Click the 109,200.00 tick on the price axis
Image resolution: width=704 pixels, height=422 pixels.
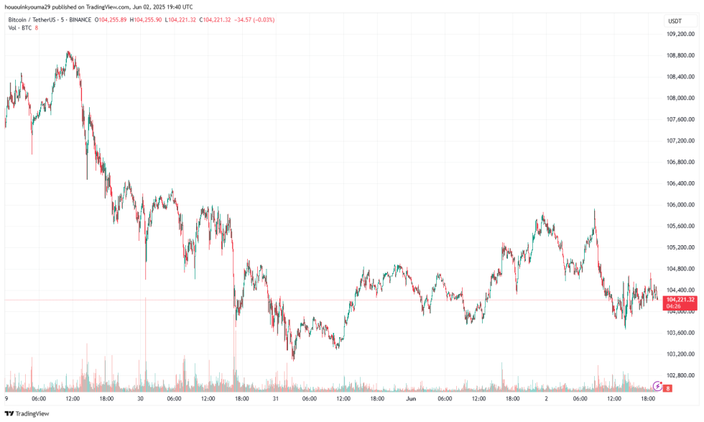tap(680, 33)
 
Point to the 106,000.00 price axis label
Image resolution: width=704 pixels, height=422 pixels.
tap(680, 205)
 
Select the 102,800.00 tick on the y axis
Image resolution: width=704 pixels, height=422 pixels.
tap(680, 375)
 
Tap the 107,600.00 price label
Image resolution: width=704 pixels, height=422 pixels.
tap(680, 119)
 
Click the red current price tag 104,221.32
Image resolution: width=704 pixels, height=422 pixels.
tap(680, 299)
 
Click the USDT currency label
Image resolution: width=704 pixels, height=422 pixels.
tap(675, 22)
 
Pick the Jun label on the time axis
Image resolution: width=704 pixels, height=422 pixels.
tap(411, 398)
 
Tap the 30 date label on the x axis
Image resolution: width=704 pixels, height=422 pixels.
tap(141, 398)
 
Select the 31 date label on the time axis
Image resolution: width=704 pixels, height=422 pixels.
tap(276, 398)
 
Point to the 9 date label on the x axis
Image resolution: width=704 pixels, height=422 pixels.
tap(6, 398)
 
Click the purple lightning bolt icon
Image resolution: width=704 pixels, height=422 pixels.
tap(656, 386)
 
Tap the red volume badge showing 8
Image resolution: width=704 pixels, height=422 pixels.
tap(667, 388)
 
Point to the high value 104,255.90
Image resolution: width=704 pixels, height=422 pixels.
tap(147, 19)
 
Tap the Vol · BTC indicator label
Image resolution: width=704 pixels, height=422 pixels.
tap(19, 28)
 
